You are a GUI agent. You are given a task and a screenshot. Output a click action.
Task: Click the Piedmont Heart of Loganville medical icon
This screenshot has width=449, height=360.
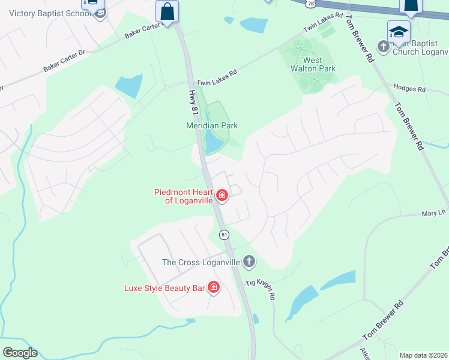(221, 196)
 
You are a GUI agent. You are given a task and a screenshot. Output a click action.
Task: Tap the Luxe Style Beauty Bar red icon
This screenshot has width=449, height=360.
(213, 288)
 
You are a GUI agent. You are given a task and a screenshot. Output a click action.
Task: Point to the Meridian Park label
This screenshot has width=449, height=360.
(212, 125)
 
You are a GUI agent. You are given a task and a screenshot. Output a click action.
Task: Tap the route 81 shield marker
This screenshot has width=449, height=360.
(224, 235)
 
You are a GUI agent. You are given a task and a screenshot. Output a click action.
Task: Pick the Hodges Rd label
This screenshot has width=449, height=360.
(409, 89)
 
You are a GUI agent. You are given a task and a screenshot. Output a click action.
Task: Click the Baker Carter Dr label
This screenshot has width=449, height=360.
(65, 62)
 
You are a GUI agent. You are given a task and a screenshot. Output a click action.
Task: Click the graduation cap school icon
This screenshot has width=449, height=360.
(399, 32)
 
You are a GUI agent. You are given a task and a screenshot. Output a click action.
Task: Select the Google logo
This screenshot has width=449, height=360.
(20, 353)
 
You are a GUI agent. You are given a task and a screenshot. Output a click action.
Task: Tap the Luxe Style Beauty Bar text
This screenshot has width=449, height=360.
(164, 288)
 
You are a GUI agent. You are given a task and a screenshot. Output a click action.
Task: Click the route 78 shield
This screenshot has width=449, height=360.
(309, 3)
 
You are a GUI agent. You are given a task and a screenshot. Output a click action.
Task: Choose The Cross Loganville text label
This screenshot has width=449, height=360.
(200, 262)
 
